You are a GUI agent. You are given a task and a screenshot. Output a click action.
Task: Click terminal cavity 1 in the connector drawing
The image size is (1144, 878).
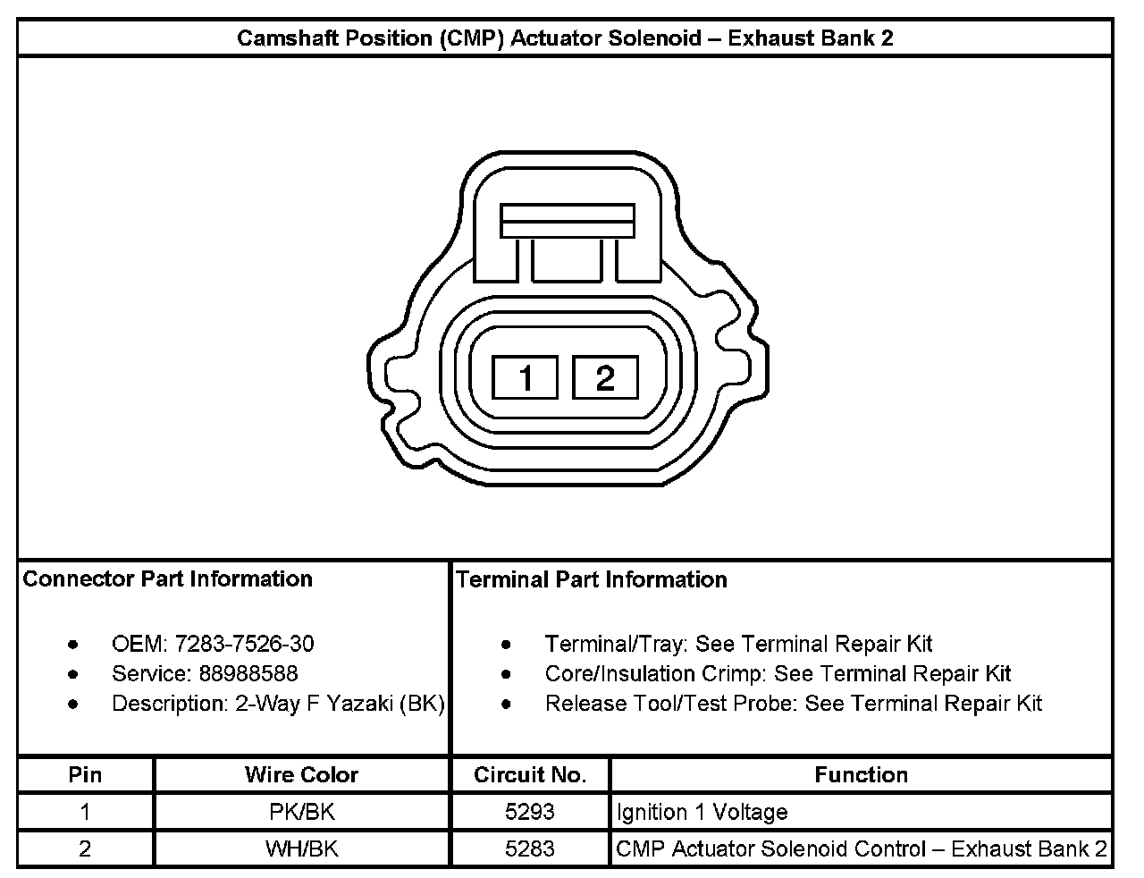pyautogui.click(x=526, y=377)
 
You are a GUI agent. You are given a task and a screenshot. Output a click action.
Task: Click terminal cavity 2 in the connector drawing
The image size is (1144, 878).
pyautogui.click(x=605, y=377)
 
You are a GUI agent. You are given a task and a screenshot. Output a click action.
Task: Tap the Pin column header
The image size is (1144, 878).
pyautogui.click(x=85, y=774)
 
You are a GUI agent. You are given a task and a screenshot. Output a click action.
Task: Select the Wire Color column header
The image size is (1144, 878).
pyautogui.click(x=301, y=774)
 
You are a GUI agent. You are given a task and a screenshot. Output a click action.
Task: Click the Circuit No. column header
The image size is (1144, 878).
pyautogui.click(x=530, y=774)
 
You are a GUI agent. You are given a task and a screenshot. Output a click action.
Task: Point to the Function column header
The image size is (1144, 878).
pyautogui.click(x=861, y=774)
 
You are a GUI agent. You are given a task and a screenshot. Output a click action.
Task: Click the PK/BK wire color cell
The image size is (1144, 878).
pyautogui.click(x=301, y=812)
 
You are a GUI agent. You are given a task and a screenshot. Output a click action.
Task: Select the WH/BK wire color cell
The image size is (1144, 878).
pyautogui.click(x=301, y=848)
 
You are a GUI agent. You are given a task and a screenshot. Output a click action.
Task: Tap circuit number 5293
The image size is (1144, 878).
pyautogui.click(x=530, y=812)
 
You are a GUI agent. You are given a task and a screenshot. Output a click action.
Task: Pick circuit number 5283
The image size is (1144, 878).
pyautogui.click(x=530, y=848)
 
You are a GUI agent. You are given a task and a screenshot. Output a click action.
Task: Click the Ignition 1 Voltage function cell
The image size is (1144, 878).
pyautogui.click(x=702, y=812)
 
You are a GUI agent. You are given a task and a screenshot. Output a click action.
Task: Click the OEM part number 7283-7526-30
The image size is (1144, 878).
pyautogui.click(x=244, y=644)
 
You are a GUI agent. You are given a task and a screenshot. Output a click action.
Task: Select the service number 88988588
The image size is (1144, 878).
pyautogui.click(x=248, y=673)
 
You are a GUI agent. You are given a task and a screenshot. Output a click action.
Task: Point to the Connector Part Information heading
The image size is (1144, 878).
pyautogui.click(x=167, y=578)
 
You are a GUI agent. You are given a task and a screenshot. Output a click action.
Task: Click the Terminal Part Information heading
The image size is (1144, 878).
pyautogui.click(x=592, y=579)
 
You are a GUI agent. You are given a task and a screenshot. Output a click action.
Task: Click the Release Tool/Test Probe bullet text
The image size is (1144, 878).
pyautogui.click(x=794, y=704)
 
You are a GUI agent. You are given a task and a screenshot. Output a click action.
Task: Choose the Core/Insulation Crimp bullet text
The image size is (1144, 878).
pyautogui.click(x=778, y=673)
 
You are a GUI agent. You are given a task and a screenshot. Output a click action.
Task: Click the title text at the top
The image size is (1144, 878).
pyautogui.click(x=565, y=38)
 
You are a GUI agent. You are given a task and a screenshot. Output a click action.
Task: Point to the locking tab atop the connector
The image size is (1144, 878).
pyautogui.click(x=568, y=221)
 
